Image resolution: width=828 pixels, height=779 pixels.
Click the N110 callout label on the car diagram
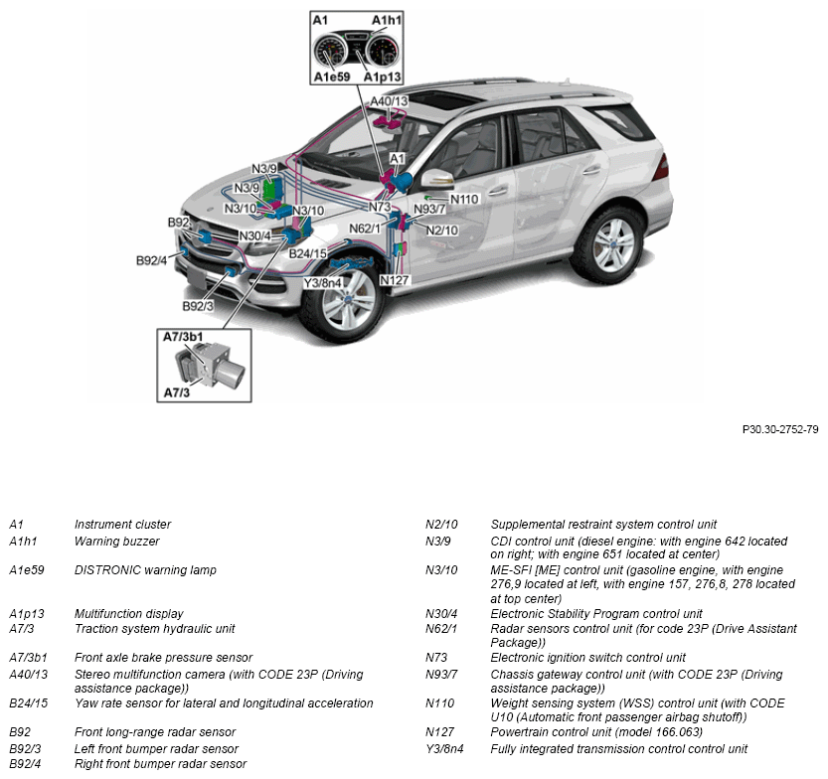tap(464, 199)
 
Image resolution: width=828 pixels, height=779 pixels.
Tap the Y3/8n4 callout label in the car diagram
tap(322, 282)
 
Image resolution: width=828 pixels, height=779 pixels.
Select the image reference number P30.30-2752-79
tap(780, 429)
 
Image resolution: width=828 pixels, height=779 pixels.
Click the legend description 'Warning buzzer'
tap(116, 542)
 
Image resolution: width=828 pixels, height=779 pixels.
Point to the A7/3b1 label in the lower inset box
tap(183, 337)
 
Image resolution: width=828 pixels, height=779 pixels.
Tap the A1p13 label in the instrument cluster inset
tap(382, 77)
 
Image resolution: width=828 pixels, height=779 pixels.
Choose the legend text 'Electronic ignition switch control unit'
tap(588, 658)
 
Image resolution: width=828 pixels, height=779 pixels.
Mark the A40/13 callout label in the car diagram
tap(389, 101)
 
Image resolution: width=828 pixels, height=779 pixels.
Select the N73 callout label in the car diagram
tap(379, 207)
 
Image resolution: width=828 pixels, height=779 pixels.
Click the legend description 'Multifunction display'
tap(128, 614)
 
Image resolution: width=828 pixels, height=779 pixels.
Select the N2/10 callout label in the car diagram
tap(441, 230)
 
